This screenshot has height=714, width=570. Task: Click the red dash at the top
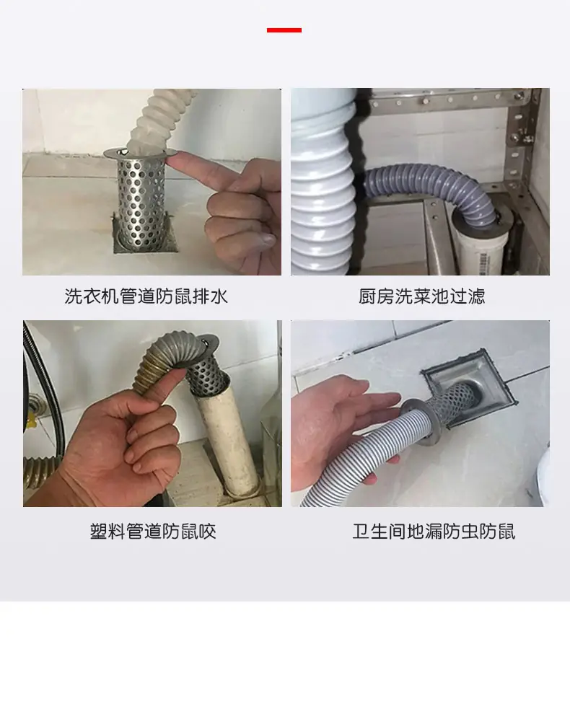pyautogui.click(x=284, y=30)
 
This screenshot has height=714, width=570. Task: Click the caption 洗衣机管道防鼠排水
pyautogui.click(x=146, y=296)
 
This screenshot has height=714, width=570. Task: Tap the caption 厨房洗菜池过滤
pyautogui.click(x=421, y=296)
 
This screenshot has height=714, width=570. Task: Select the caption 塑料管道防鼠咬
pyautogui.click(x=153, y=532)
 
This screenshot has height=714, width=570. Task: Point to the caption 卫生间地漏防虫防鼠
pyautogui.click(x=434, y=532)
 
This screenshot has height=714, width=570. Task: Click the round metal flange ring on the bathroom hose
pyautogui.click(x=418, y=421)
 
